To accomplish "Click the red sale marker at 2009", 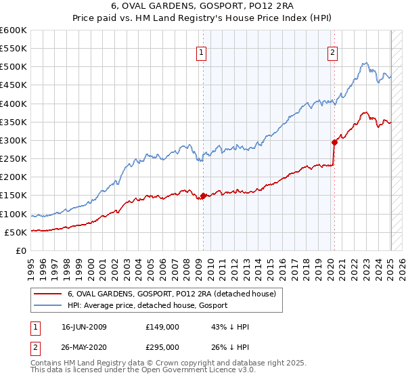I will point(203,196).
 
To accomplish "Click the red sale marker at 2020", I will point(334,142).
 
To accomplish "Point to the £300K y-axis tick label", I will point(14,140).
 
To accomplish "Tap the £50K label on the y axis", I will point(16,232).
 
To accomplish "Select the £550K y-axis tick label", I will point(14,49).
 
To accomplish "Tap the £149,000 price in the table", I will point(162,327).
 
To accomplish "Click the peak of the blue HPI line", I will point(364,64).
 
